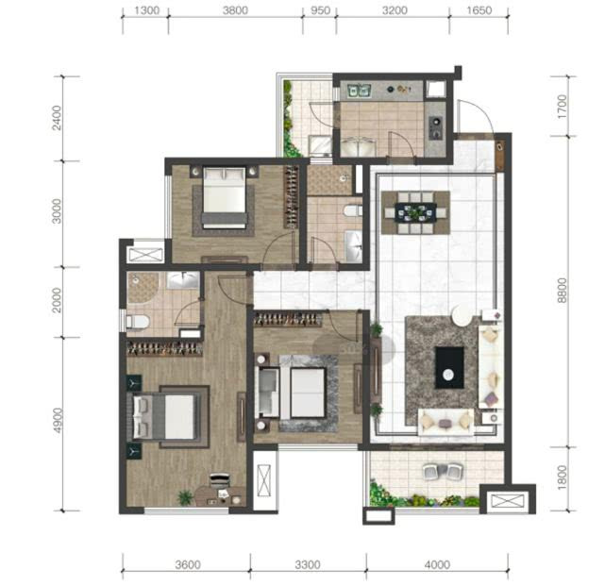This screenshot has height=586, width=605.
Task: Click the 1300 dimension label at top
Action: point(146,10)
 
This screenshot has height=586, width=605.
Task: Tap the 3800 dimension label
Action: point(235,10)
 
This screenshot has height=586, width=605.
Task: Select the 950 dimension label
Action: point(320,10)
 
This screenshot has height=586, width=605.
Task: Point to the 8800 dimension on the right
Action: point(563,290)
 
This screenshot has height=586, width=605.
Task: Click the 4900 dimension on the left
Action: point(58,420)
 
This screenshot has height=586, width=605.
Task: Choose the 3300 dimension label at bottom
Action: point(308,565)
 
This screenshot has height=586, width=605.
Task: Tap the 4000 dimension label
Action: point(437,565)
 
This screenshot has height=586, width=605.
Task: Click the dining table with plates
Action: point(415,212)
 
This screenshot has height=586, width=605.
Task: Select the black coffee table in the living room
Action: point(449,368)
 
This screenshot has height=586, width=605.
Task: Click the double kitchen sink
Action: point(360,91)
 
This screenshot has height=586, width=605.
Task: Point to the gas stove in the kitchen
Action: point(436,127)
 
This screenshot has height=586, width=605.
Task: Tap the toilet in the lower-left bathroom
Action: point(138,322)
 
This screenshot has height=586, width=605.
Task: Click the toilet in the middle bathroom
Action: point(353,210)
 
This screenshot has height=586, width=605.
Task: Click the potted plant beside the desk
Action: point(185,497)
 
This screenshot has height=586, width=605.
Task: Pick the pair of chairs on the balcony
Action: point(443,472)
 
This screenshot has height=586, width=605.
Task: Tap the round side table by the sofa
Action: point(462,315)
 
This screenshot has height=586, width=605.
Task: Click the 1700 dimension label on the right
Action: point(563,107)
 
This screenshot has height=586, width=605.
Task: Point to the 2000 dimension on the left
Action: point(58,300)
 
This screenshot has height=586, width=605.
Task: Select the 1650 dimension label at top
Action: point(479,10)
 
